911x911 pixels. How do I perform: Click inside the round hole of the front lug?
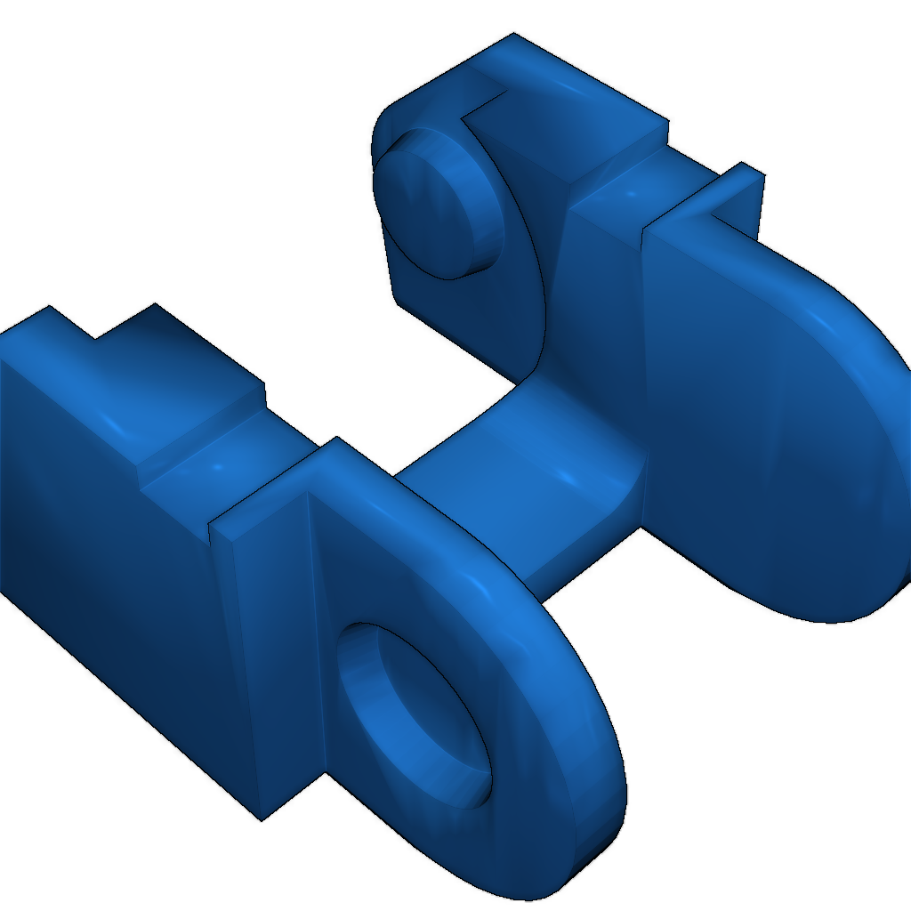(x=418, y=712)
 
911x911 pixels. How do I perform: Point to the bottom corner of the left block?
(x=260, y=817)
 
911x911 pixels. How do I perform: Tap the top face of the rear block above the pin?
(x=569, y=98)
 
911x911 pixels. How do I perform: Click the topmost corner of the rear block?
(x=514, y=36)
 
